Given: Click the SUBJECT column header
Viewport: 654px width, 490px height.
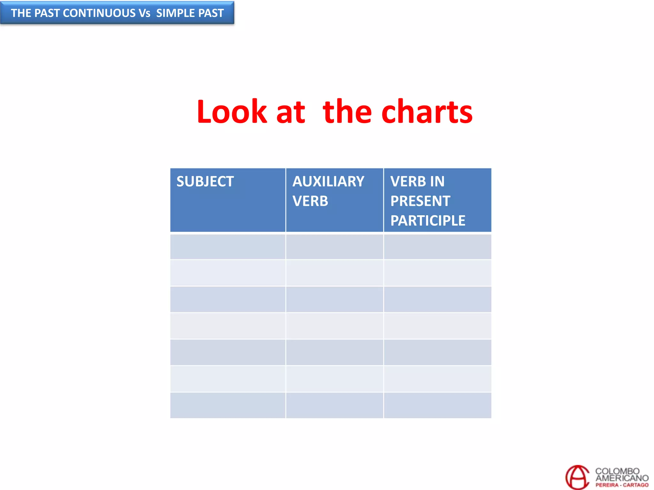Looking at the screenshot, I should click(205, 182).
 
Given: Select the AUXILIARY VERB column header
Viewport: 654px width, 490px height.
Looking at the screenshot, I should click(328, 191).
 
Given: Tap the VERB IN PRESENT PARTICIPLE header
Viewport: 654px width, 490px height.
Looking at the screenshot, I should click(428, 201).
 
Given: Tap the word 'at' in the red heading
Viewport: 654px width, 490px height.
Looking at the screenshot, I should click(291, 112).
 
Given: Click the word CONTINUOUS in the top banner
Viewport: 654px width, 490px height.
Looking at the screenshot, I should click(99, 13).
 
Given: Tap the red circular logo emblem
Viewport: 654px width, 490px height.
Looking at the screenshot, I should click(577, 477).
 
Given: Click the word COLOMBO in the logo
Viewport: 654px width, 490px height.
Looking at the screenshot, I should click(617, 471).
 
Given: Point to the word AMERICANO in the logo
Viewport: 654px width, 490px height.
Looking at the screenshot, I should click(622, 478).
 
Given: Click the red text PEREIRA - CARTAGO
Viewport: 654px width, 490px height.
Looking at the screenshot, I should click(622, 485).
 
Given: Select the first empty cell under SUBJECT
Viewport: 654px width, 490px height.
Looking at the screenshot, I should click(228, 247).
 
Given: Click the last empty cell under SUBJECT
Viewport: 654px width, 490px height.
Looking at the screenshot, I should click(228, 405).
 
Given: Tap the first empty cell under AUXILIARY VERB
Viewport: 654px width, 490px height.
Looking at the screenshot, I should click(334, 247).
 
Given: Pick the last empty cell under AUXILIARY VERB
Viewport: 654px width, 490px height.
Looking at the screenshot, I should click(334, 405).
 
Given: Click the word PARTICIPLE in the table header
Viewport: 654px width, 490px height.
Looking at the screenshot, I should click(428, 220).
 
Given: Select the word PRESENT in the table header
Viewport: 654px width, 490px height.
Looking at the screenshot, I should click(420, 201).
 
